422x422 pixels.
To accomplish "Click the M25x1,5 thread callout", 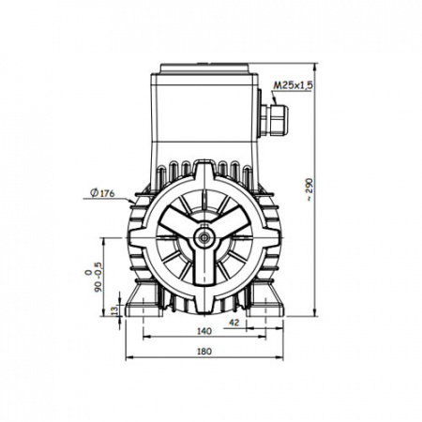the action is tap(294, 85).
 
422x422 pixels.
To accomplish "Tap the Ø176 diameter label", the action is tap(102, 193).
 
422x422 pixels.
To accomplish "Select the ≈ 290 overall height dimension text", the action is tap(309, 189).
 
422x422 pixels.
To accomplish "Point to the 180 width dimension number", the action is tap(204, 352).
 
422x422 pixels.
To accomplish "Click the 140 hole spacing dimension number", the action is tap(204, 331).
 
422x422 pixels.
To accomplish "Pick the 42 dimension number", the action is tap(234, 323).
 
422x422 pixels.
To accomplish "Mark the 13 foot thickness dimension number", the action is tap(115, 310).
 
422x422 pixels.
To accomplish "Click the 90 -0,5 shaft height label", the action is tap(94, 277).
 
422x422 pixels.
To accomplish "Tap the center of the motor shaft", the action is tap(204, 238).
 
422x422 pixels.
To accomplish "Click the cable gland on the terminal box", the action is tap(274, 120).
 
